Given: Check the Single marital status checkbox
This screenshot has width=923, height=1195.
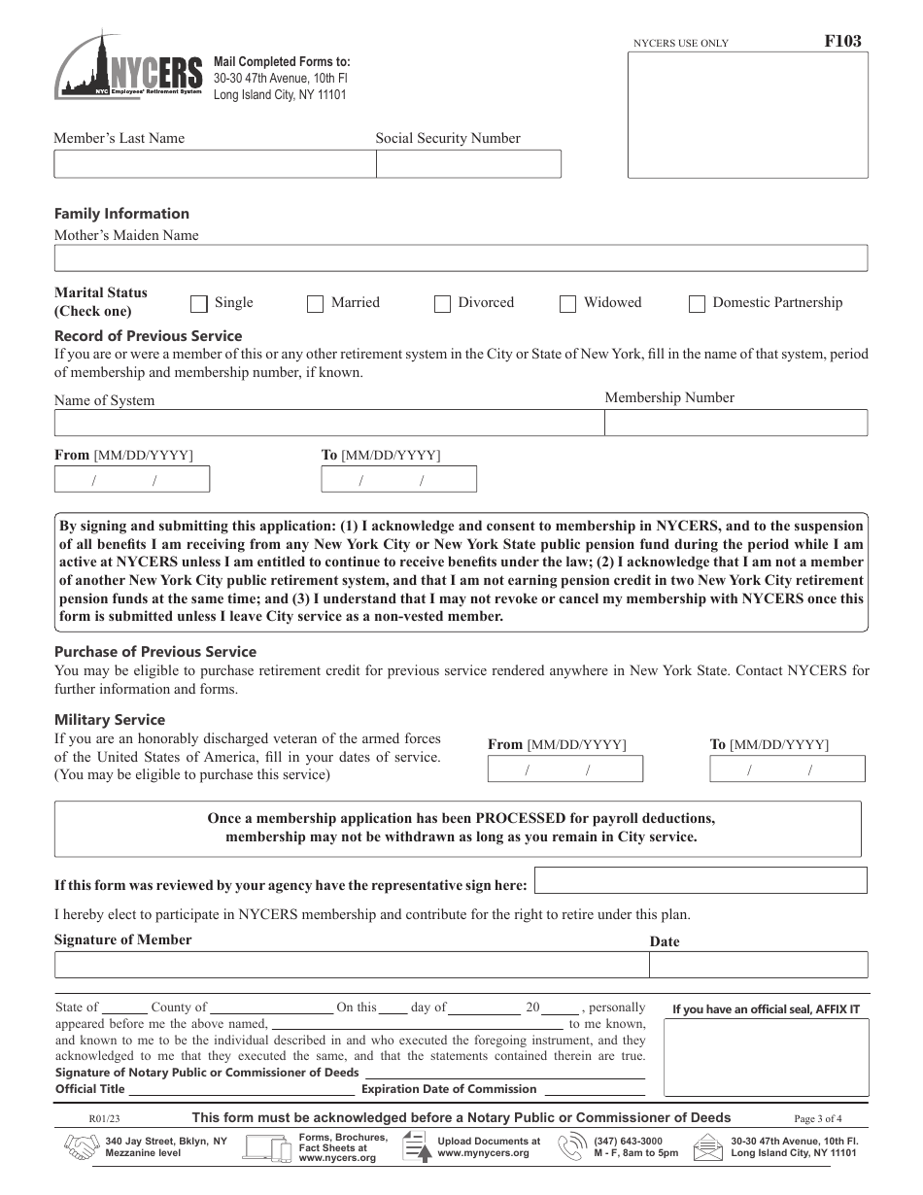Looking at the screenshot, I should (199, 304).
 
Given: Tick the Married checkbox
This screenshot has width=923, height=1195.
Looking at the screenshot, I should (315, 304).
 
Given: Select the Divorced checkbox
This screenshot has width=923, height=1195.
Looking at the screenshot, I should (442, 304).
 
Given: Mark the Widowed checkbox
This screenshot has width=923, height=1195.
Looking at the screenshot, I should (567, 304).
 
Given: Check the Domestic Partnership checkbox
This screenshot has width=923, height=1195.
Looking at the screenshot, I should (697, 304).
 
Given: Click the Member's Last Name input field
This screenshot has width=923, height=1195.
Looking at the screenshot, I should (214, 164).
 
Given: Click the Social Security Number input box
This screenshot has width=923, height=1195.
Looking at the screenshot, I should (468, 164).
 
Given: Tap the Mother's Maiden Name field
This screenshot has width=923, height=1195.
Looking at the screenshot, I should (461, 258).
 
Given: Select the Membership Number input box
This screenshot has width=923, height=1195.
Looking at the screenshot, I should (735, 424).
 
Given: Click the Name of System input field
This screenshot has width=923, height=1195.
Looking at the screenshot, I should (328, 424).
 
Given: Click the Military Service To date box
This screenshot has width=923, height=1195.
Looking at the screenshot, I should (787, 769).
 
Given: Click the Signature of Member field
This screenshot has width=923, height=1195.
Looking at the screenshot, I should (351, 965).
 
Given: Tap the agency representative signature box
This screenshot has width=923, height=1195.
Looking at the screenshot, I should (701, 881).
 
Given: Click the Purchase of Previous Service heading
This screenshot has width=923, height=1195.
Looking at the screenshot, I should (155, 652).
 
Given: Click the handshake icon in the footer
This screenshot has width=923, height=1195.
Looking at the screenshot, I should (83, 1148).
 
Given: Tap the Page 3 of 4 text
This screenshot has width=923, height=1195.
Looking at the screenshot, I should (818, 1118).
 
